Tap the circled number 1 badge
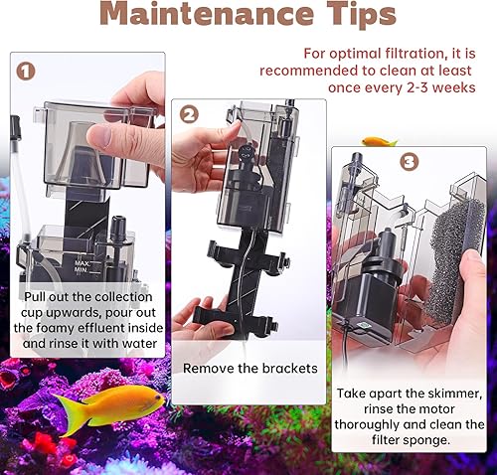27,73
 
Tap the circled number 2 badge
189,114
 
